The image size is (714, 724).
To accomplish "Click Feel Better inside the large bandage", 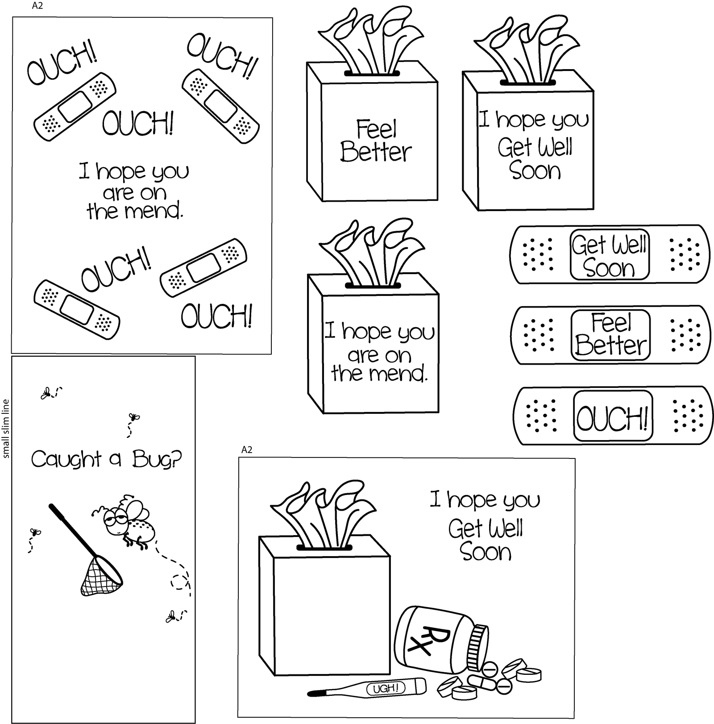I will pyautogui.click(x=610, y=335).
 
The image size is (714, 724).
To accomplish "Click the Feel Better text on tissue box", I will pyautogui.click(x=376, y=141).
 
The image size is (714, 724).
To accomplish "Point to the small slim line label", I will pyautogui.click(x=6, y=429).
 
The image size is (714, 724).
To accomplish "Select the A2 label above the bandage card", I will pyautogui.click(x=37, y=6).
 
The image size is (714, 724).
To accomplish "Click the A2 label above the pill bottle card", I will pyautogui.click(x=246, y=450).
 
